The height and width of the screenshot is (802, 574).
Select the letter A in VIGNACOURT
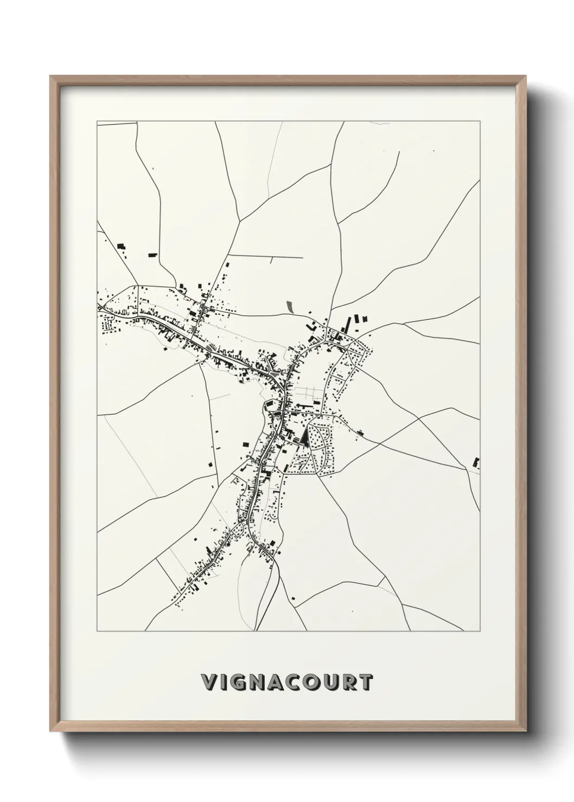point(283,682)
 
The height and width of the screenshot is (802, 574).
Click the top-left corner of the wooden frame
point(50,76)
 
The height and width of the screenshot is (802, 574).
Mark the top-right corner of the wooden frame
point(525,76)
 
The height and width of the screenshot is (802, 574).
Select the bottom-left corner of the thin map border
point(97,631)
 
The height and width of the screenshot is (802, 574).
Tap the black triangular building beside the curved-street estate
point(307,436)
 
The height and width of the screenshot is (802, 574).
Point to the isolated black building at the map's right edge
point(477,463)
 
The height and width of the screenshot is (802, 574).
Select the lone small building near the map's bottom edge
point(294,598)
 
